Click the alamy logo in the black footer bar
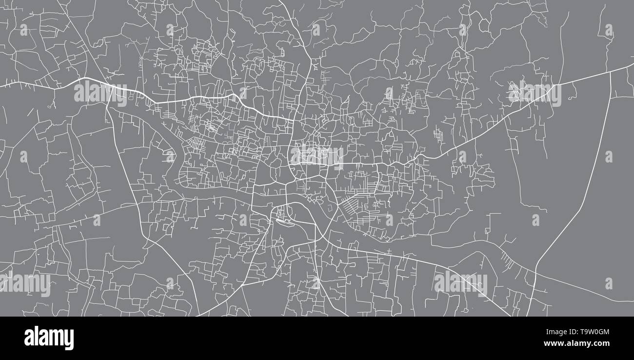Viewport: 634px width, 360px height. (49, 338)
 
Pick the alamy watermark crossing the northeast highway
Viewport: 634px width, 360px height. (535, 94)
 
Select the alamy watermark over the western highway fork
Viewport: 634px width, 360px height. (100, 93)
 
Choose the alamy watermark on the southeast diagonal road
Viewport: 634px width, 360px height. (460, 283)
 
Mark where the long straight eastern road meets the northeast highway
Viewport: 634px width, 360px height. (611, 72)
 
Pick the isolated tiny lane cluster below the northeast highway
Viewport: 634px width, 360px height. (439, 134)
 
